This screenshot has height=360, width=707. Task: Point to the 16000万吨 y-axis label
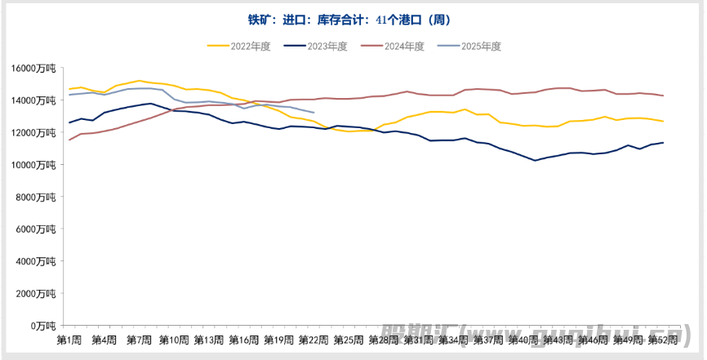[x=33, y=69]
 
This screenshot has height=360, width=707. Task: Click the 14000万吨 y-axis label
[x=33, y=100]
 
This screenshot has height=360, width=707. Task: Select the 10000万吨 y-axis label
[x=33, y=165]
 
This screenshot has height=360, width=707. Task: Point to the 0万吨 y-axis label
[x=42, y=325]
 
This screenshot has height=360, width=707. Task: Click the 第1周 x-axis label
[x=69, y=340]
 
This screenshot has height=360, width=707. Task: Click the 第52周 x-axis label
[x=662, y=340]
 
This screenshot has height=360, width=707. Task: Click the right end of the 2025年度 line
[x=313, y=113]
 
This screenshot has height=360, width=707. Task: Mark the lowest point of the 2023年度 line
[x=535, y=160]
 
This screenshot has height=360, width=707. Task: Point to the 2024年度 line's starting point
[x=69, y=140]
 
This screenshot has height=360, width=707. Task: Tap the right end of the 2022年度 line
[x=663, y=122]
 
